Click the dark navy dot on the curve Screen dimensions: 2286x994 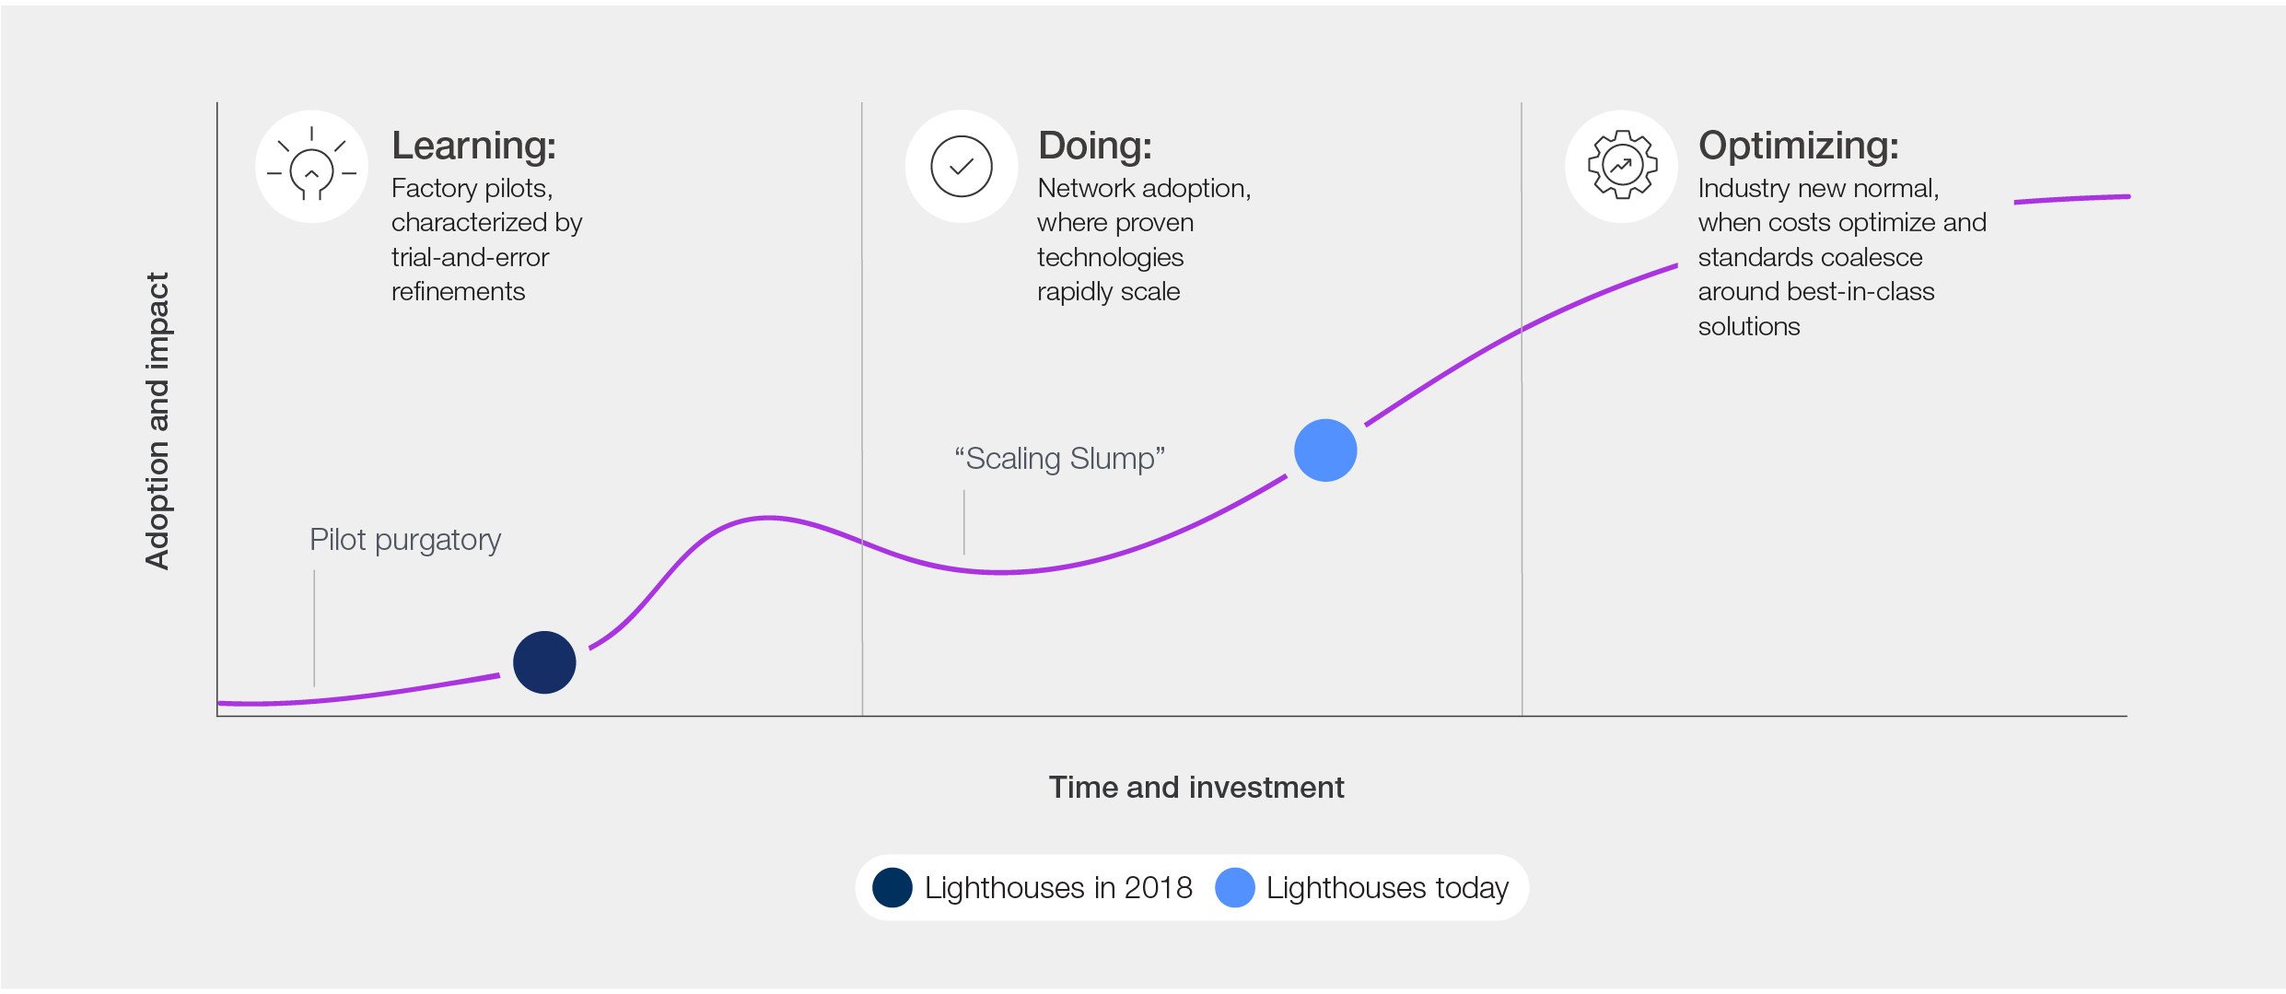[544, 662]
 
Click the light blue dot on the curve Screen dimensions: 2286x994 [1325, 450]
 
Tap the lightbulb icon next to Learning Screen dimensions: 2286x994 [311, 166]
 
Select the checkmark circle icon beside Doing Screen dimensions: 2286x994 [961, 167]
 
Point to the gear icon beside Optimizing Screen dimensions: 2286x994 [1622, 166]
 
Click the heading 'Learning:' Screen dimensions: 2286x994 [474, 146]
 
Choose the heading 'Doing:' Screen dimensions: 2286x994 [1095, 146]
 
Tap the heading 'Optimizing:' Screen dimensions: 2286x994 [1799, 146]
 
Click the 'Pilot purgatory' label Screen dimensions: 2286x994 [405, 540]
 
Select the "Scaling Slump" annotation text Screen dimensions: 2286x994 [1060, 458]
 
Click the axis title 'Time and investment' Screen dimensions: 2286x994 [1196, 788]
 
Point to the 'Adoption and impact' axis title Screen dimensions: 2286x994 [157, 421]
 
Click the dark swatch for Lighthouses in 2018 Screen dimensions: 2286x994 [892, 887]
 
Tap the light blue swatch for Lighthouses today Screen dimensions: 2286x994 [1235, 887]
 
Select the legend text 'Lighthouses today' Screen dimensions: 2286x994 [1387, 888]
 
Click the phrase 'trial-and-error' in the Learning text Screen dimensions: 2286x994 [470, 257]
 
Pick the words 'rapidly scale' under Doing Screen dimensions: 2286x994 [1109, 292]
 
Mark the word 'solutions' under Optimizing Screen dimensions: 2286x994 [1749, 326]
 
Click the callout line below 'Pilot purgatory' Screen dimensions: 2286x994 [314, 628]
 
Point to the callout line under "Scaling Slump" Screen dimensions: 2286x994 [964, 522]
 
